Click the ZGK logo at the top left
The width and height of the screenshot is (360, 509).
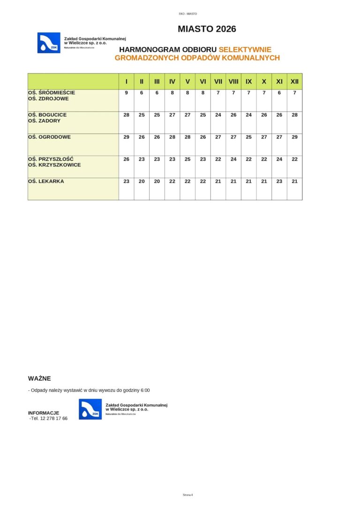(x=49, y=43)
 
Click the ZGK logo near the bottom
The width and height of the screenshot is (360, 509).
(x=90, y=409)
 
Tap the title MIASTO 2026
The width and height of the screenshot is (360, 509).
(x=207, y=29)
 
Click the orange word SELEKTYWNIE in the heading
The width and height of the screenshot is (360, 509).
(x=245, y=49)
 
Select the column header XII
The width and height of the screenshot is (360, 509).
(x=294, y=82)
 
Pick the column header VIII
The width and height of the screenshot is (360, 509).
(x=233, y=82)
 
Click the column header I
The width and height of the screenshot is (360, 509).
(x=126, y=82)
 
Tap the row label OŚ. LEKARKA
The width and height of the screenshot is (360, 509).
(x=46, y=181)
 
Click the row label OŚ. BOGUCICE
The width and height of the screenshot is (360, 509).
(x=47, y=115)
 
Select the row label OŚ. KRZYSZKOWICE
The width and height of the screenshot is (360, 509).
(x=54, y=165)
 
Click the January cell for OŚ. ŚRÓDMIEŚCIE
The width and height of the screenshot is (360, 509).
(x=126, y=93)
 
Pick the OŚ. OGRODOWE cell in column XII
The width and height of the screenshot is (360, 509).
(x=294, y=137)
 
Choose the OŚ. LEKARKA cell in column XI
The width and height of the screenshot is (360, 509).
(x=279, y=181)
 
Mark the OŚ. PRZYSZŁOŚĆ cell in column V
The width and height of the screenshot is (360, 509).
(x=187, y=159)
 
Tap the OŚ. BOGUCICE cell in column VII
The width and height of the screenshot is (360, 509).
(x=218, y=115)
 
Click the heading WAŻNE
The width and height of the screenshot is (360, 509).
(x=39, y=378)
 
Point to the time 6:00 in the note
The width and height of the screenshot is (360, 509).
(x=145, y=390)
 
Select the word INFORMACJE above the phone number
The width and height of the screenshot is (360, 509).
(x=44, y=413)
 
